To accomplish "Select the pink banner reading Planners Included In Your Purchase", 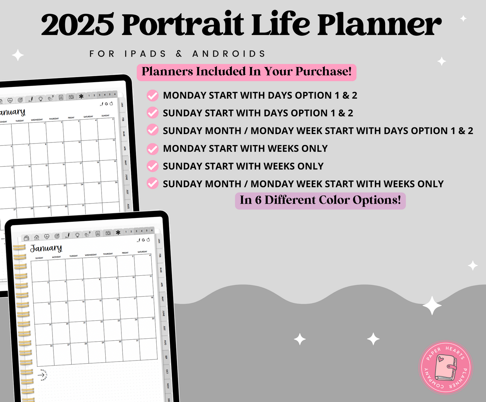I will (246, 72).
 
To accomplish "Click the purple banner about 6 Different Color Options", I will (320, 200).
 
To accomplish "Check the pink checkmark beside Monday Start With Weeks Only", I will (153, 149).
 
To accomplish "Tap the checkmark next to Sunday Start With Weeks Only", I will (153, 166).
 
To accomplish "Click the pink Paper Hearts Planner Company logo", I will (446, 367).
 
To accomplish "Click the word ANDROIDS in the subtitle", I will (229, 54).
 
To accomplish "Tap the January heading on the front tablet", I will (46, 248).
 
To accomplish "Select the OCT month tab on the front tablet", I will (167, 371).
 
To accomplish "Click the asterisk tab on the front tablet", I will (118, 232).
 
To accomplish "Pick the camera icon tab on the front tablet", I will (108, 233).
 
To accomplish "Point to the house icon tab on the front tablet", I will (37, 237).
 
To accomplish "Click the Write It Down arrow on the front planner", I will (42, 375).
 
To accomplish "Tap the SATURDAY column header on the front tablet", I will (142, 252).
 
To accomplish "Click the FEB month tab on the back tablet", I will (123, 119).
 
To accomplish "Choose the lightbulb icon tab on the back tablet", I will (40, 99).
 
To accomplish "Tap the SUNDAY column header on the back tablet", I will (105, 116).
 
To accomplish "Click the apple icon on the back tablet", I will (111, 104).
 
